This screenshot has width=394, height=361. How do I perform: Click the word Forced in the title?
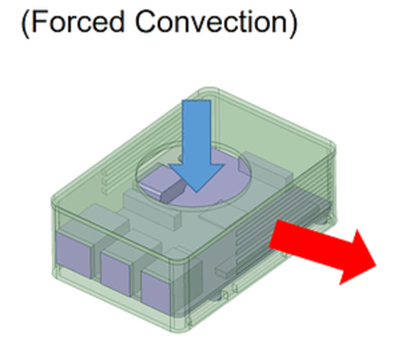tap(79, 23)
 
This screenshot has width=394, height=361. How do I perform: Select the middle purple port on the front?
tap(117, 268)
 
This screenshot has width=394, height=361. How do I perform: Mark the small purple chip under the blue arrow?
tap(160, 181)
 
